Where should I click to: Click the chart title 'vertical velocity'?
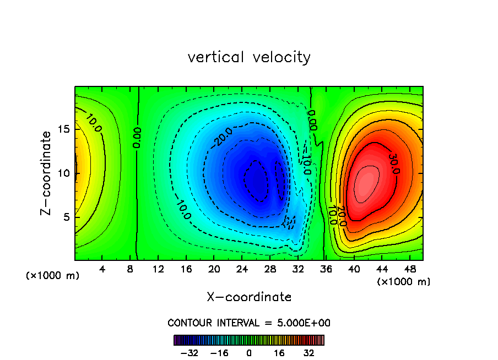[249, 57]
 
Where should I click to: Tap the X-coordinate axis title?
[249, 297]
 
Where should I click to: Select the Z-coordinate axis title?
[47, 173]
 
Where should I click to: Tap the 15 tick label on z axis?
[64, 129]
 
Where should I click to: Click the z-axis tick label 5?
[66, 217]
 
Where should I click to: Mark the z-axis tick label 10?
[64, 173]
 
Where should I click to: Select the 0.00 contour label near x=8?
[137, 138]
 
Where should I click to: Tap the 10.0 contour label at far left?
[93, 124]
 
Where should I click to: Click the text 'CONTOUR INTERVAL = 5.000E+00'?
[249, 323]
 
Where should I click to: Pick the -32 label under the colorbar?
[189, 352]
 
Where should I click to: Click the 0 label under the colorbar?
[249, 352]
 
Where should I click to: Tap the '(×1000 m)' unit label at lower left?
[53, 276]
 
